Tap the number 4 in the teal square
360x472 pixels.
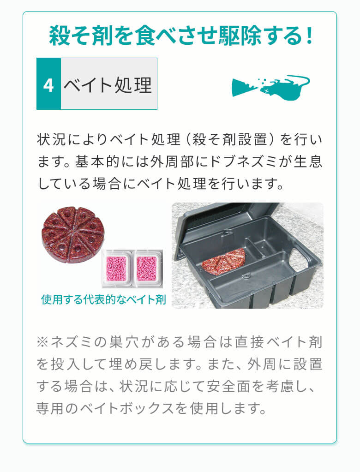pyautogui.click(x=48, y=84)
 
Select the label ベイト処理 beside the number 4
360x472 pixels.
pyautogui.click(x=108, y=84)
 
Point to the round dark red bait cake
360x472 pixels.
pyautogui.click(x=73, y=233)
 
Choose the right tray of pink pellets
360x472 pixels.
pyautogui.click(x=147, y=268)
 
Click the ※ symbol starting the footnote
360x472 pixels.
pyautogui.click(x=42, y=342)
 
